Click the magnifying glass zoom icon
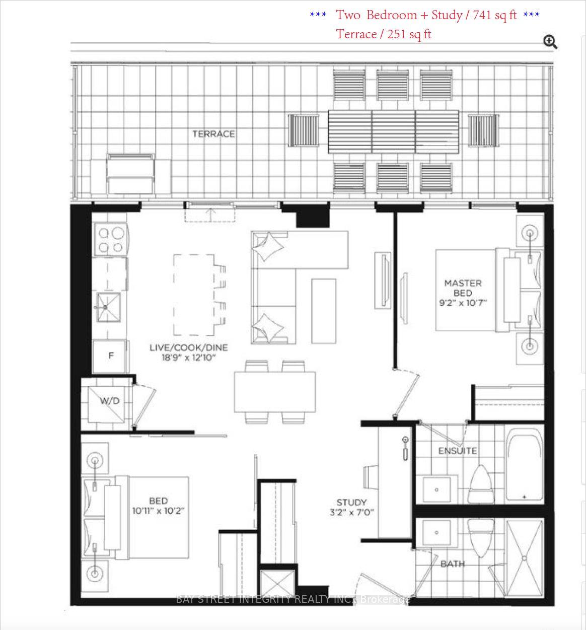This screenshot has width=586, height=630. (550, 42)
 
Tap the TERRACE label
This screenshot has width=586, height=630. (213, 134)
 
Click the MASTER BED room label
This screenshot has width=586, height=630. (463, 288)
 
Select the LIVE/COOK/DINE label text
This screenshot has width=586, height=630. (188, 347)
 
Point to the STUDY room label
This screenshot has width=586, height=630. (351, 503)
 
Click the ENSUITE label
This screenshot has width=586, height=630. (457, 451)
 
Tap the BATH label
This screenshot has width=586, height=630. (453, 564)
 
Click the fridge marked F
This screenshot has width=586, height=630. (111, 356)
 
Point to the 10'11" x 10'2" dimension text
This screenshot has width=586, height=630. (158, 511)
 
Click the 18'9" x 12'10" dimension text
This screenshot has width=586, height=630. (188, 358)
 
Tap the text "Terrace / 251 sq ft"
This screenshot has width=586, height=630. (384, 34)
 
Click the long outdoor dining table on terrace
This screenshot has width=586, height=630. (394, 131)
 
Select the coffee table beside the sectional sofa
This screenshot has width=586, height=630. (324, 311)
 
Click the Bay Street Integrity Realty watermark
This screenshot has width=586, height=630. (293, 599)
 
